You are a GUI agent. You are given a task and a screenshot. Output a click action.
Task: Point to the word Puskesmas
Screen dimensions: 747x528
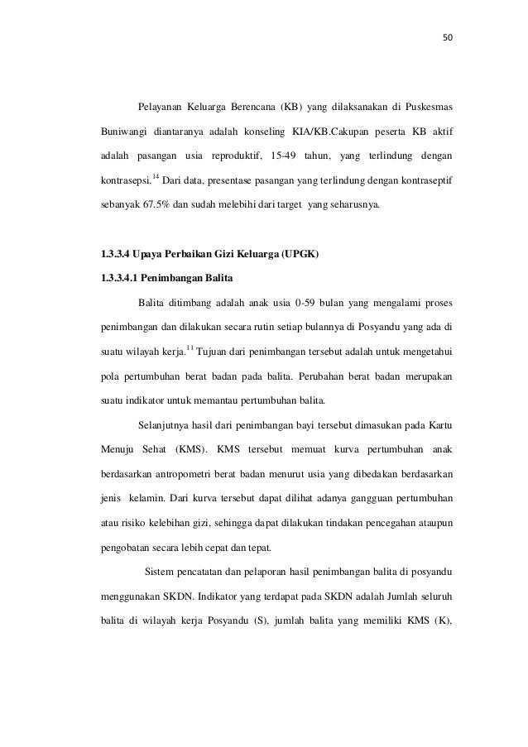click(430, 108)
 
